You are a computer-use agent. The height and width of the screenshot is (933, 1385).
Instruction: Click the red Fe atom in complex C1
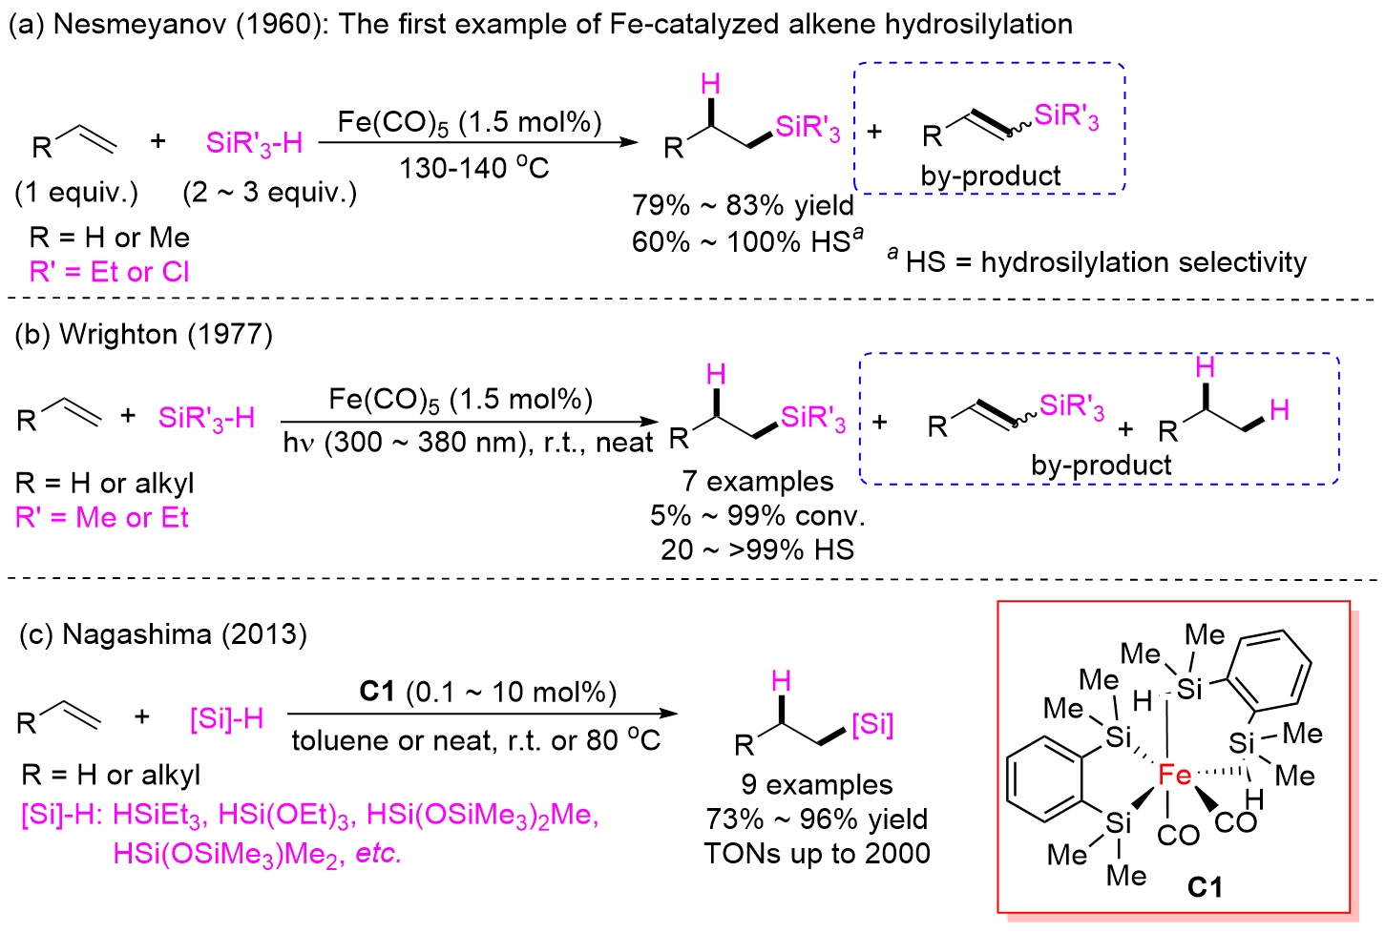click(x=1174, y=775)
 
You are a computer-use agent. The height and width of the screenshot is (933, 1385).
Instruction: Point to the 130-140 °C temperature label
click(x=473, y=169)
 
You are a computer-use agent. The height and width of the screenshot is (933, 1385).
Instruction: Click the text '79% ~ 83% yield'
click(x=743, y=205)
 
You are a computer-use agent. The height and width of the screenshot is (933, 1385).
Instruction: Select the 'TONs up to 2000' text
click(x=817, y=853)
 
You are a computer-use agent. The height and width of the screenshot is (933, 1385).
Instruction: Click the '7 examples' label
click(x=757, y=481)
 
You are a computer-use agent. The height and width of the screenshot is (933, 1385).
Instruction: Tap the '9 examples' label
click(x=817, y=784)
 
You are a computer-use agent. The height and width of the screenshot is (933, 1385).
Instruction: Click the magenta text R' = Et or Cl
click(x=110, y=272)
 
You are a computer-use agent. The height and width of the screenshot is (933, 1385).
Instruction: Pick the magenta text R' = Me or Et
click(x=102, y=518)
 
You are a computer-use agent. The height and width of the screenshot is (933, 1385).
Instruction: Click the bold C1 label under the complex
click(x=1205, y=887)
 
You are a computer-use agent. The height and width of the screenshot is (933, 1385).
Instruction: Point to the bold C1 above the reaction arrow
click(x=377, y=691)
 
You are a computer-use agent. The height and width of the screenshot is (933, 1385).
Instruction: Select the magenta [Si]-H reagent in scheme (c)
click(x=226, y=718)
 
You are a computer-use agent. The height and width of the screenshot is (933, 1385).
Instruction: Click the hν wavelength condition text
click(x=468, y=443)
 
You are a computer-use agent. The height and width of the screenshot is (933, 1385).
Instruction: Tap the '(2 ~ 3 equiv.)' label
click(x=270, y=193)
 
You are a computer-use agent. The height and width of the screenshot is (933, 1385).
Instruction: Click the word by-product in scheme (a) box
click(x=991, y=176)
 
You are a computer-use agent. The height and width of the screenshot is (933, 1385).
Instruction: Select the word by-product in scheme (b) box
click(x=1101, y=465)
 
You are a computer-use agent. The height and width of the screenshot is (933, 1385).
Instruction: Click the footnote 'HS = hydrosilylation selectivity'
click(x=1105, y=262)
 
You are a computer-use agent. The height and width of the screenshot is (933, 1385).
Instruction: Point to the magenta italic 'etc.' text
click(x=378, y=853)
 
